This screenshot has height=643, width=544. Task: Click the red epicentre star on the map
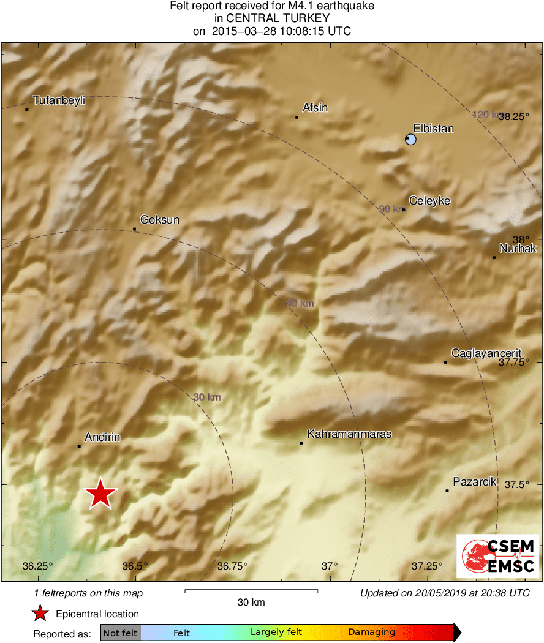click(x=100, y=493)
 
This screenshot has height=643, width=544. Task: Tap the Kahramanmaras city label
click(x=349, y=434)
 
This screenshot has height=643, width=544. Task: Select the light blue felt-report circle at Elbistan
click(x=410, y=140)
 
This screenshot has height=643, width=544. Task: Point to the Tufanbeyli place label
click(x=59, y=100)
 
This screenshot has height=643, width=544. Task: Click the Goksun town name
click(x=160, y=219)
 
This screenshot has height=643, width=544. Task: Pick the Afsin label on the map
click(x=315, y=108)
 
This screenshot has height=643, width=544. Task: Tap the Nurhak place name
click(x=518, y=248)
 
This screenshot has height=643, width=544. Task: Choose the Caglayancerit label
click(x=486, y=353)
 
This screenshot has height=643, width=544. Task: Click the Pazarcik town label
click(x=474, y=482)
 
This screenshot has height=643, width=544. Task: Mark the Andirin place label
click(x=102, y=437)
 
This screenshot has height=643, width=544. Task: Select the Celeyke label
click(x=429, y=201)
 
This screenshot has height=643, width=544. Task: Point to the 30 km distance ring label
click(x=207, y=397)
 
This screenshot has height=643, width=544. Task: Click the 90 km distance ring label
click(x=391, y=209)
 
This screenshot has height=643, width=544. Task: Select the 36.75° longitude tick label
click(x=232, y=566)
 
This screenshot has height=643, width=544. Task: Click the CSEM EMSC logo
click(x=497, y=556)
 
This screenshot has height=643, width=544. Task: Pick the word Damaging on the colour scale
click(x=371, y=633)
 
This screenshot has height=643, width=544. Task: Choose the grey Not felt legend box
click(x=121, y=633)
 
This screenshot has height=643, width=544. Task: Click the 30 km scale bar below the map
click(x=251, y=591)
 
